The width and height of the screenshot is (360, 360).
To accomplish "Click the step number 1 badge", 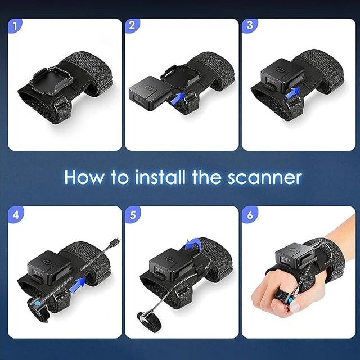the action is click(15, 26).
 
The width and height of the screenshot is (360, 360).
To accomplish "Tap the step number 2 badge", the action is click(132, 26).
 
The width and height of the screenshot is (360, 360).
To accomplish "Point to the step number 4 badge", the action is click(15, 215).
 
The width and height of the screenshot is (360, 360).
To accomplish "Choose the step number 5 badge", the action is click(133, 215).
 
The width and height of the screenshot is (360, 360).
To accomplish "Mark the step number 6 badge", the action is click(250, 215).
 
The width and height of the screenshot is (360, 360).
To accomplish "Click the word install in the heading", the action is click(160, 177).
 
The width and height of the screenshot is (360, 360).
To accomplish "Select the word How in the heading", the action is click(84, 177).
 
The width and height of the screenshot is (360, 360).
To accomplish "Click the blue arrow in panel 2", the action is click(178, 97).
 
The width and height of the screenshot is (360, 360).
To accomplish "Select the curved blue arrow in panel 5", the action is click(194, 244).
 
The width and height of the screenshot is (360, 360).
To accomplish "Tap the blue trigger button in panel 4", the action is click(37, 304).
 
